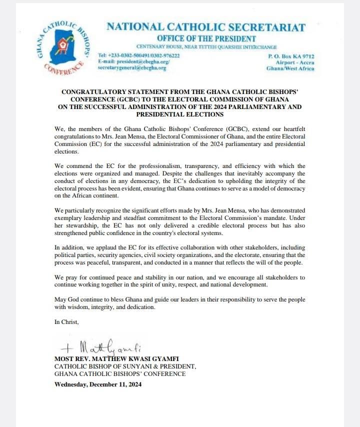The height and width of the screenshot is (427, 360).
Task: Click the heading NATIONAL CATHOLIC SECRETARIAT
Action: (206, 27)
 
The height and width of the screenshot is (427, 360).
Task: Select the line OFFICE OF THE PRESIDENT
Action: (206, 38)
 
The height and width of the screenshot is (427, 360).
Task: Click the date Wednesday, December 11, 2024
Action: (98, 384)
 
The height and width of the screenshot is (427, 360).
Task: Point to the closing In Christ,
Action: (66, 322)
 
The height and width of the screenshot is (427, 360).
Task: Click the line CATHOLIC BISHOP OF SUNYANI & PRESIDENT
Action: (125, 366)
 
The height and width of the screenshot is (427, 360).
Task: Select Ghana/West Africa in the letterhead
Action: (291, 68)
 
